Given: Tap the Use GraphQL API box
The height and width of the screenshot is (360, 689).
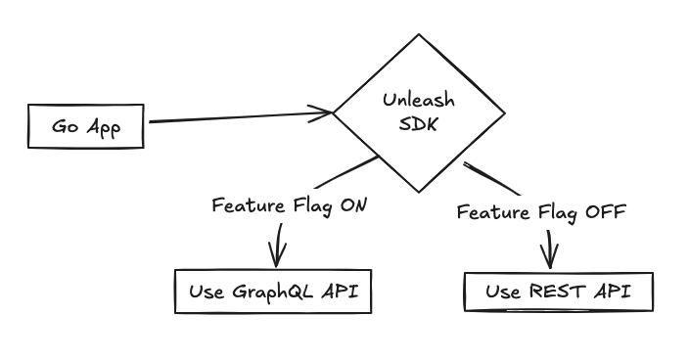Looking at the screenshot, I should [x=273, y=291].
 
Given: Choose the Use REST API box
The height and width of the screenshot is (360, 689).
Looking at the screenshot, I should [x=557, y=291].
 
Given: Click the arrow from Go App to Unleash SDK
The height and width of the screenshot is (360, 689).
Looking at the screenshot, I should [x=235, y=118].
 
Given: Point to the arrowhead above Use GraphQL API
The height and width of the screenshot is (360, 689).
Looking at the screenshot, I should [x=278, y=256].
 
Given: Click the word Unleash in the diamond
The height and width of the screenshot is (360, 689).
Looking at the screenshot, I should [x=413, y=101].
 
